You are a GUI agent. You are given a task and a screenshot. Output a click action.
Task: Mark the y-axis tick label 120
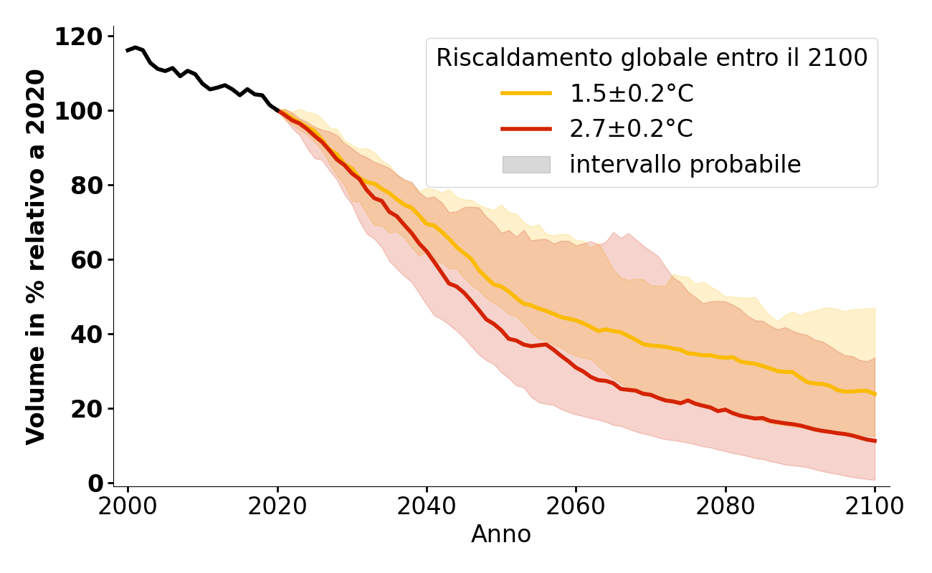pos(78,37)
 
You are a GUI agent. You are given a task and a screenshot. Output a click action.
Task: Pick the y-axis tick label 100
pos(78,111)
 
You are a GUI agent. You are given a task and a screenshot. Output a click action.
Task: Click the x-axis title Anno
pos(501,534)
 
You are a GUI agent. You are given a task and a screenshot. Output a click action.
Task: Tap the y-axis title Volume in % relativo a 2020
pos(36,256)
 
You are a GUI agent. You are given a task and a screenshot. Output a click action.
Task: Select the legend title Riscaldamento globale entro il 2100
pos(652,58)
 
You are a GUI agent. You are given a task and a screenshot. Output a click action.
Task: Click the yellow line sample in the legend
pos(526,93)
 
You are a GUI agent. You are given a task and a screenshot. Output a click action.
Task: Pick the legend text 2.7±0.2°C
pos(631,129)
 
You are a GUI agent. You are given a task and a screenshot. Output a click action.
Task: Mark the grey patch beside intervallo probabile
pos(526,165)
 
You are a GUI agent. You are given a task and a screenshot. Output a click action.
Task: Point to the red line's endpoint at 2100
pos(875,440)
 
